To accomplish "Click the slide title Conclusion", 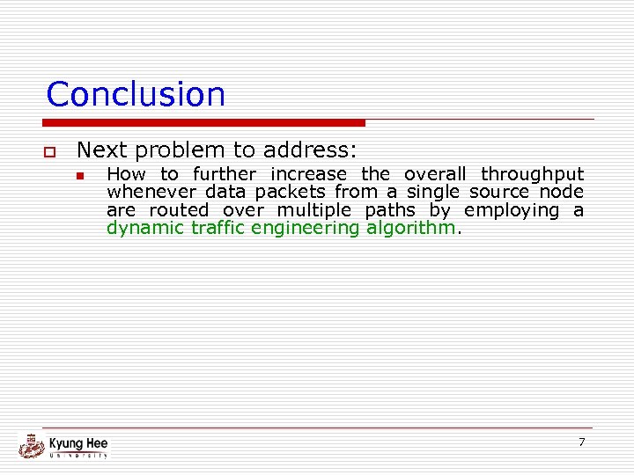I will pyautogui.click(x=136, y=94).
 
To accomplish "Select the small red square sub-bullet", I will pyautogui.click(x=79, y=175).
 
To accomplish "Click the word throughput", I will pyautogui.click(x=532, y=174).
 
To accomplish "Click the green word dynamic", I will pyautogui.click(x=141, y=229).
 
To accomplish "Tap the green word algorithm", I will pyautogui.click(x=411, y=228).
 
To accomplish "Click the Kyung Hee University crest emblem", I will pyautogui.click(x=32, y=446).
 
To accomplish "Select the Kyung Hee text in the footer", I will pyautogui.click(x=78, y=442).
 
